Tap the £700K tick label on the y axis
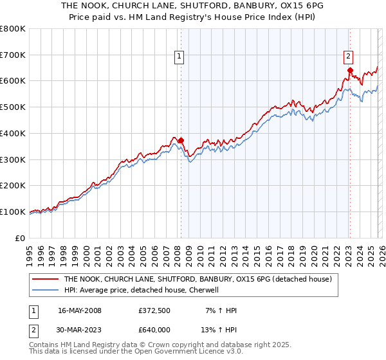coord(13,55)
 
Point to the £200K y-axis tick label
coord(13,186)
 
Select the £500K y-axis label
coord(13,107)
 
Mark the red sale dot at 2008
coord(181,140)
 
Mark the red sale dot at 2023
coord(350,70)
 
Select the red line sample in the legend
coord(45,280)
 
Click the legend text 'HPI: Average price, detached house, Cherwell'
coord(142,291)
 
